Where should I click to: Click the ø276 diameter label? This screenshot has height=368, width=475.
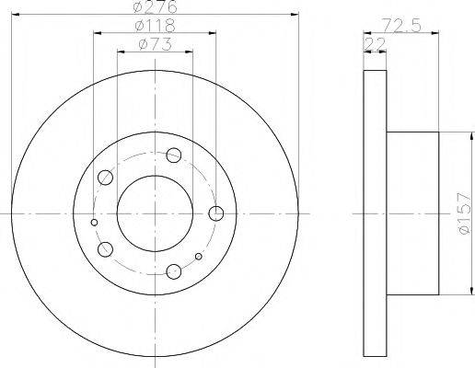point(156,6)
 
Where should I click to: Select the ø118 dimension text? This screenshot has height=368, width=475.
point(156,26)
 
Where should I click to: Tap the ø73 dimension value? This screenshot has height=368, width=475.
point(155,44)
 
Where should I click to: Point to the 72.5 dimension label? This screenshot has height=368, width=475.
point(401,25)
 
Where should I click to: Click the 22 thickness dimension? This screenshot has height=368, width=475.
point(375,44)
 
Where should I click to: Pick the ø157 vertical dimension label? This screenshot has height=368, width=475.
point(463,213)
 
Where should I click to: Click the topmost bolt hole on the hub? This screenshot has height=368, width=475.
point(174,155)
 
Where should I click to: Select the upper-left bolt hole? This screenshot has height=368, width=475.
point(105,178)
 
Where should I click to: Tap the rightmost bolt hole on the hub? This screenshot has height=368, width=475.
point(216,213)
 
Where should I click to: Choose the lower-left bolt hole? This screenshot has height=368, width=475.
point(105,249)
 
